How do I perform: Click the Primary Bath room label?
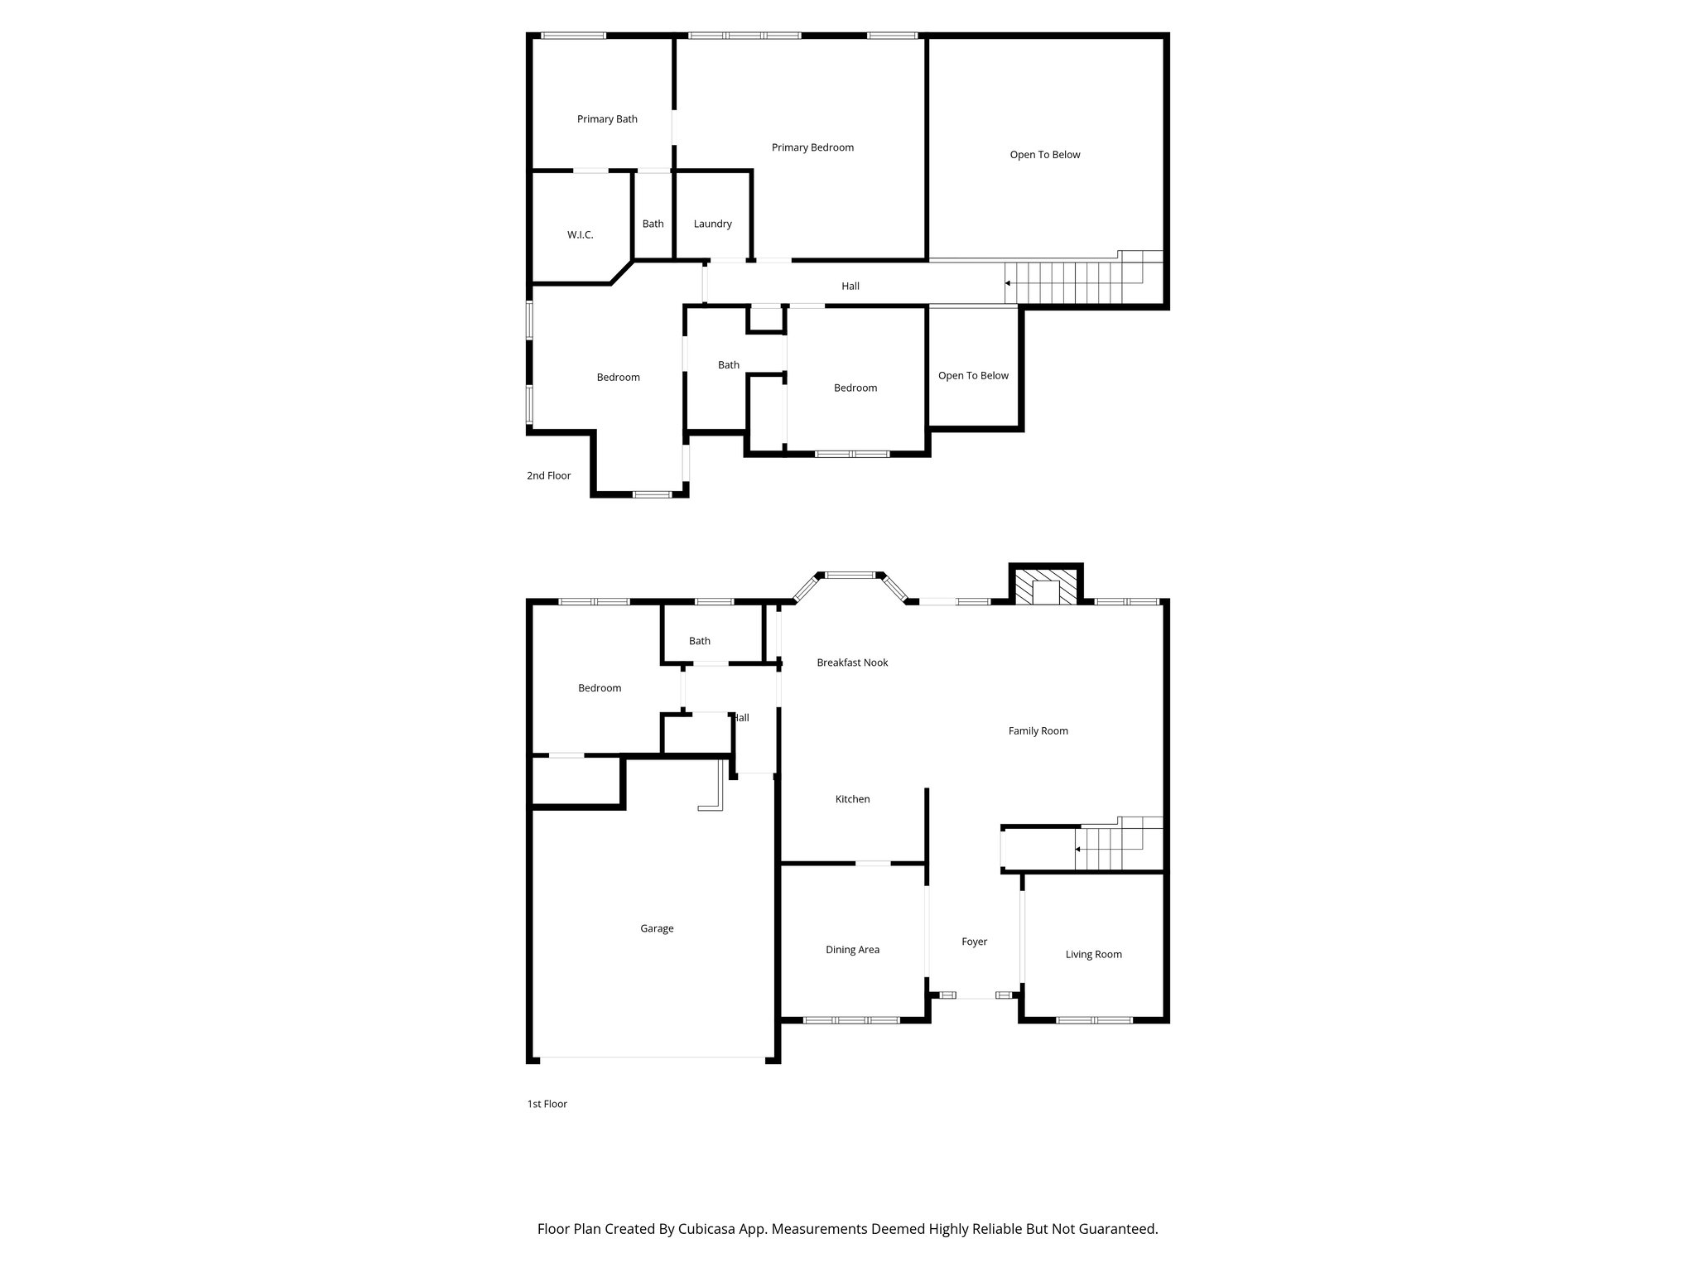607,119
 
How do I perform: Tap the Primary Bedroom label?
812,147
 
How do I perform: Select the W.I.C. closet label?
580,235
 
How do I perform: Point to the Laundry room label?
712,224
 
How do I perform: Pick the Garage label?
657,928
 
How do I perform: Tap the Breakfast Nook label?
852,662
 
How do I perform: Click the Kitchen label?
852,799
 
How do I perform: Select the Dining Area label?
852,950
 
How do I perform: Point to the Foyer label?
974,942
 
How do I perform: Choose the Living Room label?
1093,954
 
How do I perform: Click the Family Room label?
1038,730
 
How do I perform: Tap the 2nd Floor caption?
549,475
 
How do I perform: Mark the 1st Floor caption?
547,1104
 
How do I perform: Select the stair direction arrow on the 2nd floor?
1008,283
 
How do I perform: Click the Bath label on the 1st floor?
700,641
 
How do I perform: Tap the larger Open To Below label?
1045,155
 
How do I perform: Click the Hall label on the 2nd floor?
850,287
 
